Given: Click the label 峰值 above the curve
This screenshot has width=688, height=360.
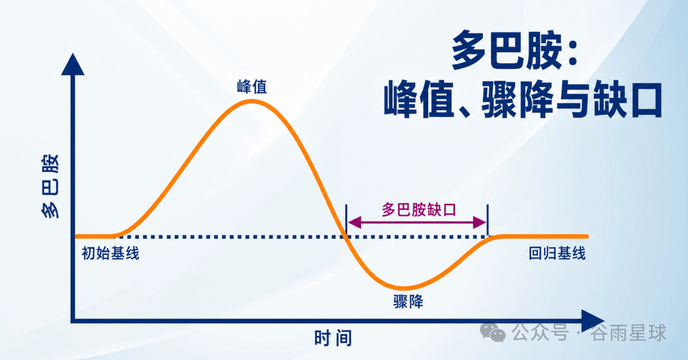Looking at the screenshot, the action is [252, 87].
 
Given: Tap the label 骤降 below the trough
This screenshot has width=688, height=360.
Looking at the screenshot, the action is [408, 301].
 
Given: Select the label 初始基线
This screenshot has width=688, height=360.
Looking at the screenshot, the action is [110, 254].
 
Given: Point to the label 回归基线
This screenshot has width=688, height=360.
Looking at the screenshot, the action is [557, 254].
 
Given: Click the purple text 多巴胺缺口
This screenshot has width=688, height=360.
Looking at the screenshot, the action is [419, 210].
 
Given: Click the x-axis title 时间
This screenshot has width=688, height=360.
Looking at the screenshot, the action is [333, 338].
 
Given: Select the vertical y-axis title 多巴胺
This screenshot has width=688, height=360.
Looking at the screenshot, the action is [50, 185].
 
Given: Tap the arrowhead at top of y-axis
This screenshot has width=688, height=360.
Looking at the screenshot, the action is [73, 64].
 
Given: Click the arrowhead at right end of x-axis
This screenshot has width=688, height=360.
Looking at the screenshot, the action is [593, 321].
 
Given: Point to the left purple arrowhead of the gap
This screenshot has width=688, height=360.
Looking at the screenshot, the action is [354, 222].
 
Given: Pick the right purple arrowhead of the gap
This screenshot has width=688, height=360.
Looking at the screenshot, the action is [480, 222].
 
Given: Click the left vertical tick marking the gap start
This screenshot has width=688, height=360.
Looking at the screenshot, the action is [346, 221].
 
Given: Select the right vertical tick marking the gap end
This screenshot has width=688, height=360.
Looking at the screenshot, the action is [487, 221].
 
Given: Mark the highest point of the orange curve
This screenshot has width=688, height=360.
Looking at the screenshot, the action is [252, 101].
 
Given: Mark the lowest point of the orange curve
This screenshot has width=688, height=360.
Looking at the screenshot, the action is [405, 289].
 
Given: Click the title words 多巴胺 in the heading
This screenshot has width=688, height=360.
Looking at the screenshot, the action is [507, 50].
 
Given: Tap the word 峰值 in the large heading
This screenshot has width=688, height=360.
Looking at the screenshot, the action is [419, 100].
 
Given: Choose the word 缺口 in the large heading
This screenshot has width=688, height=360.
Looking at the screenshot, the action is [628, 100].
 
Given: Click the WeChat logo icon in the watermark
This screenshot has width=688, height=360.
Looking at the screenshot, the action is [492, 333].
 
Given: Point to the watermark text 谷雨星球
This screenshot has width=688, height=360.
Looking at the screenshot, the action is [628, 333].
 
